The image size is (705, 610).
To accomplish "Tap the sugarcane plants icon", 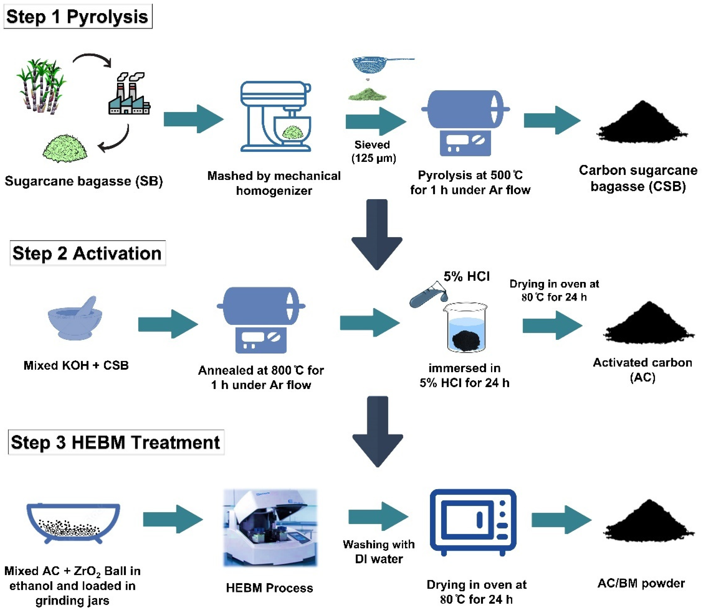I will click(41, 85).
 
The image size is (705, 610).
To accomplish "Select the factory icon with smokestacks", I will click(129, 93).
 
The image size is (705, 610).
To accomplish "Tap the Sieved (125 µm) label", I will click(373, 151).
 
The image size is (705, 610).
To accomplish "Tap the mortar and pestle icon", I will click(76, 318).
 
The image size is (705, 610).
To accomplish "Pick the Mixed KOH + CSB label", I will click(76, 365).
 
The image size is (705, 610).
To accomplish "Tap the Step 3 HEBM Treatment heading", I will click(116, 442).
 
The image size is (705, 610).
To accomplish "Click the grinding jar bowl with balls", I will click(73, 523).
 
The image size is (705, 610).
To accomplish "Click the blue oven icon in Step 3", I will click(473, 521).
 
